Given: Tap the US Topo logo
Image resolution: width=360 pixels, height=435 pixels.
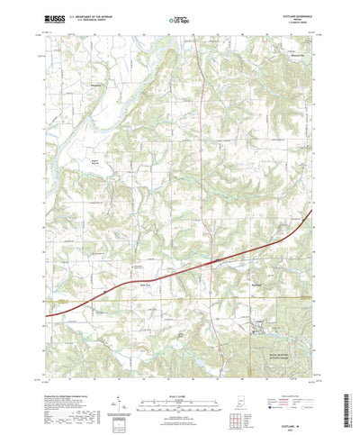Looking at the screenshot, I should point(179,17).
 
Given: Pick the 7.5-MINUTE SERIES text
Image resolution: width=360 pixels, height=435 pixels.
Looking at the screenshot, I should point(298,22).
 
